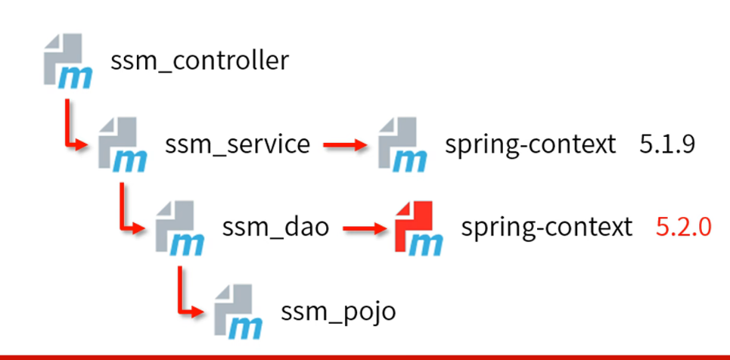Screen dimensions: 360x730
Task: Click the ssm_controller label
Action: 200,61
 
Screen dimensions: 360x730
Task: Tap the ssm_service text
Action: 237,144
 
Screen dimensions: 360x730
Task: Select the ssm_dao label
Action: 276,227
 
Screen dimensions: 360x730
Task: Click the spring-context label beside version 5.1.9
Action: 530,144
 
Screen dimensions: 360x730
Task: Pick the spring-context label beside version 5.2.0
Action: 546,227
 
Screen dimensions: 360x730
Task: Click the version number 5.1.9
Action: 666,144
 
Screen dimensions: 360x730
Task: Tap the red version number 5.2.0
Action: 683,227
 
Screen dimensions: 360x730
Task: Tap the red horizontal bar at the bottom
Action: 365,355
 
